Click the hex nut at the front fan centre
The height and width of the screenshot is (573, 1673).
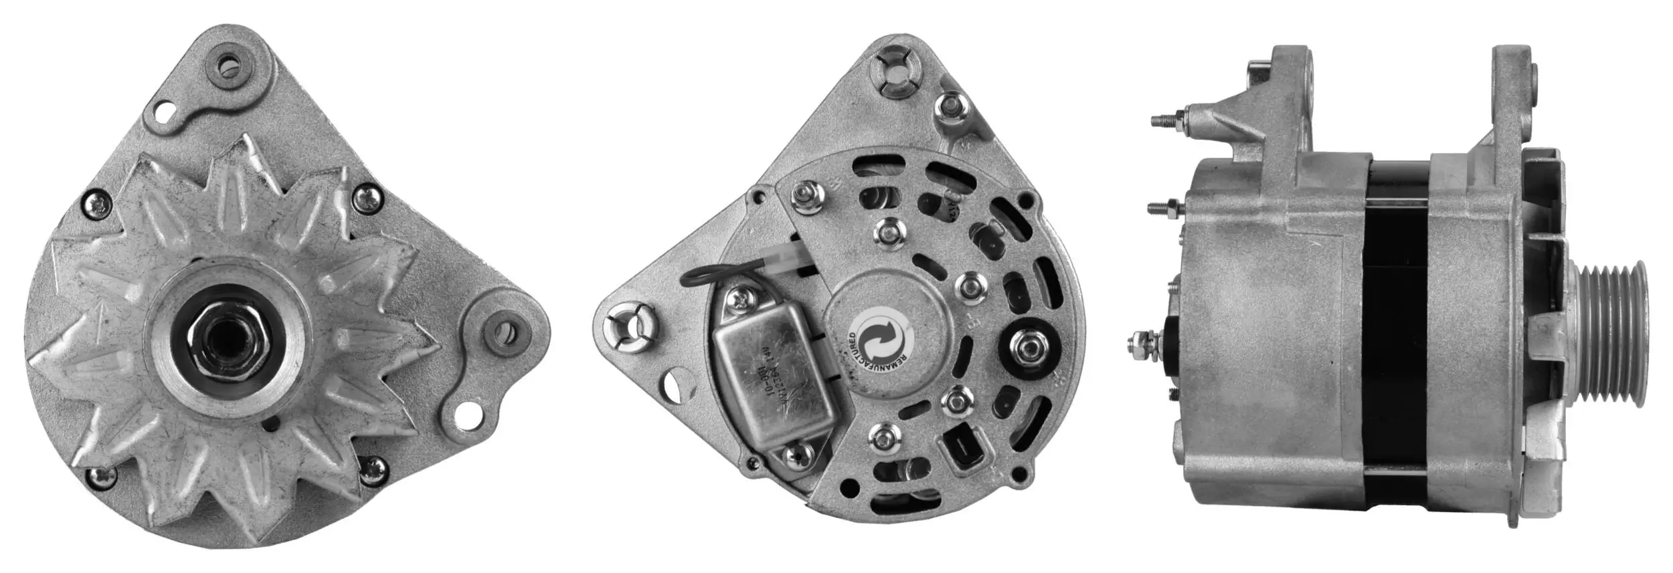[228, 336]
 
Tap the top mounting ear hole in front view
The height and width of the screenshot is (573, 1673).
[232, 66]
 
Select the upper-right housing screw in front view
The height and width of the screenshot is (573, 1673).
[367, 197]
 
